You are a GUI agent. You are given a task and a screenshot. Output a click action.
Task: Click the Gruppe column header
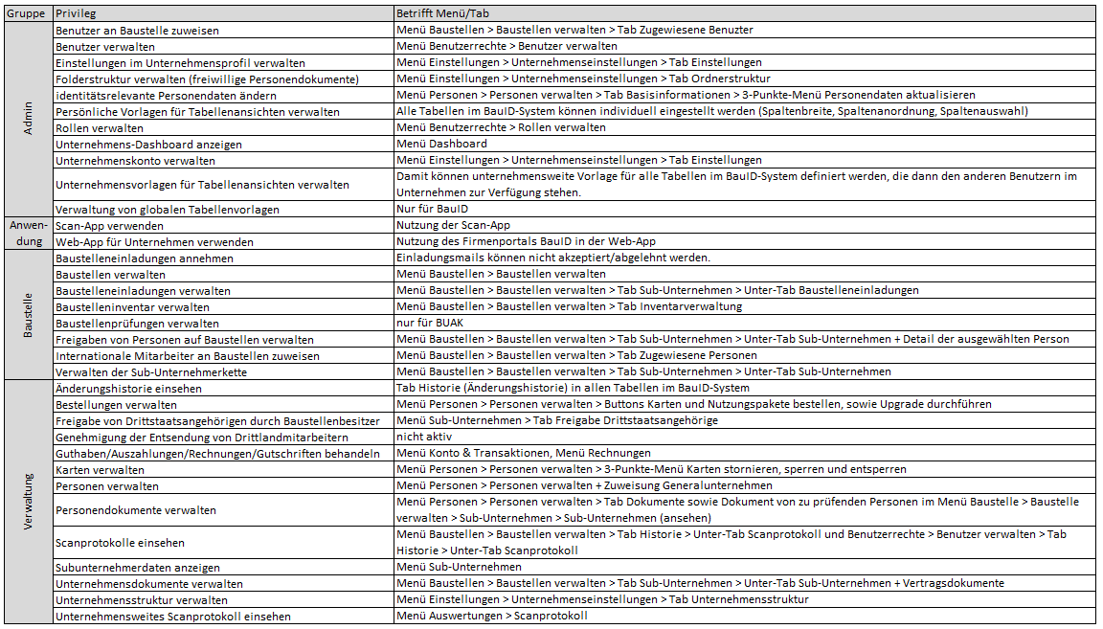tap(27, 14)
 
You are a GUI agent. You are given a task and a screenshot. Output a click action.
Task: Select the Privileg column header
tap(76, 14)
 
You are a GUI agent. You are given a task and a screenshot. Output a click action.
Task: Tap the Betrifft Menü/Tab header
tap(442, 14)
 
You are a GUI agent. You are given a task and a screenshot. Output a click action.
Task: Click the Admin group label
tap(28, 120)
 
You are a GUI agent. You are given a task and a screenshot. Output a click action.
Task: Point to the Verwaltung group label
tap(28, 502)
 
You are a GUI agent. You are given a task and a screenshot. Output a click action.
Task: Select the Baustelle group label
tap(28, 315)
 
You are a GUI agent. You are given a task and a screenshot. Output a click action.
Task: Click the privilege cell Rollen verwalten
tap(100, 127)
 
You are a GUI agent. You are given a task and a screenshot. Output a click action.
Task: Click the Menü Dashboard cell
tap(441, 144)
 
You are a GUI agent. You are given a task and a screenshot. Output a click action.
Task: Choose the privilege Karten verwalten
tap(100, 469)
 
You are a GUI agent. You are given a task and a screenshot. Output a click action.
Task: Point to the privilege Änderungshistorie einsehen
tap(128, 388)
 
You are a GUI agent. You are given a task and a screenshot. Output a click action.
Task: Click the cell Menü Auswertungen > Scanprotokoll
tap(491, 616)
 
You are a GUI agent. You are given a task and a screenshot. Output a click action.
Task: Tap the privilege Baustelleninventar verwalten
tap(132, 306)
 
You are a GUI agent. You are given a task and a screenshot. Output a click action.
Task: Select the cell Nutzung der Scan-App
tap(453, 225)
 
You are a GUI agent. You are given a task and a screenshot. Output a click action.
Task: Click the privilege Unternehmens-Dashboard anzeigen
tap(135, 144)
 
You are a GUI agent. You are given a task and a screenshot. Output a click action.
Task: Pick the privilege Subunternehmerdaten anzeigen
tap(138, 567)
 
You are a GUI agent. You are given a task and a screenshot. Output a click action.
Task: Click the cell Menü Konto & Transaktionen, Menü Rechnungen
tap(524, 453)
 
